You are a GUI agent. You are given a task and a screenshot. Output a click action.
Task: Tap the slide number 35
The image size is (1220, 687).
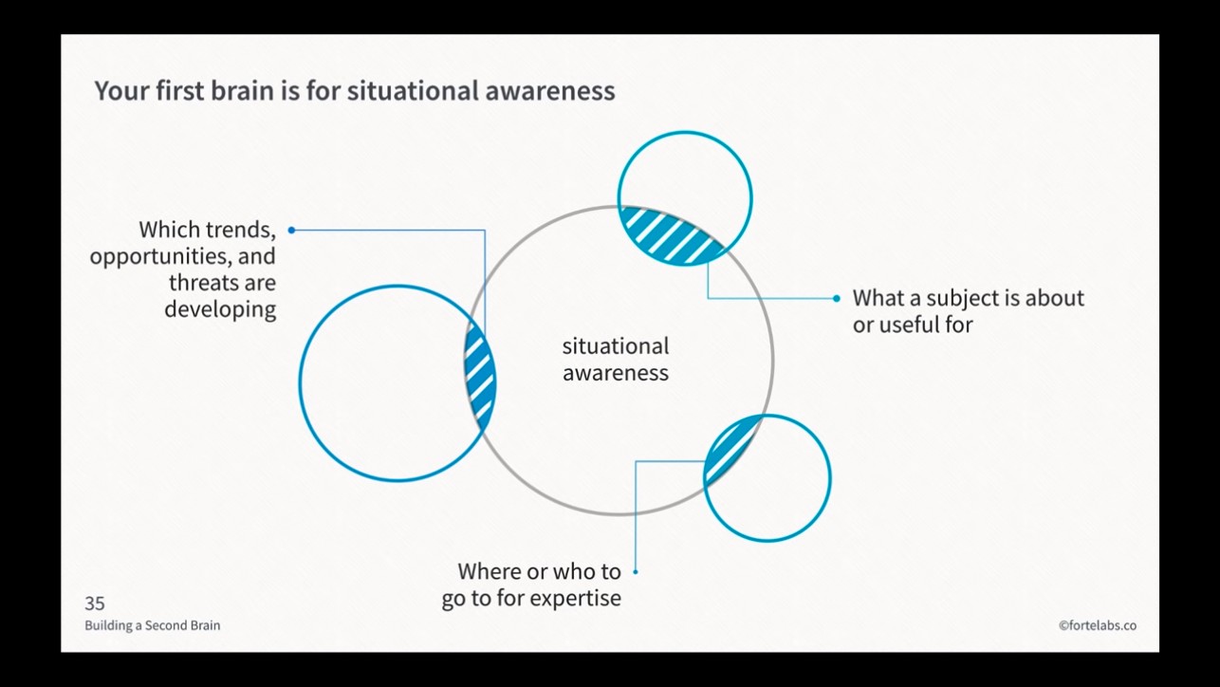pyautogui.click(x=95, y=603)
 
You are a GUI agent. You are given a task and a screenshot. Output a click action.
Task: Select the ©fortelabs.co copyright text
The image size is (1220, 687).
pyautogui.click(x=1098, y=625)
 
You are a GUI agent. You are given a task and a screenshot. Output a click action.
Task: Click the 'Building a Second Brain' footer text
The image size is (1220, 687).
pyautogui.click(x=152, y=625)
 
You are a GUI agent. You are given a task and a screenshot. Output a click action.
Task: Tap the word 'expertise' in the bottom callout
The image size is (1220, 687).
pyautogui.click(x=576, y=599)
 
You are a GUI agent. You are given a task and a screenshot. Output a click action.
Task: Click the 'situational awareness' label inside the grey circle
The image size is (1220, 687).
pyautogui.click(x=616, y=360)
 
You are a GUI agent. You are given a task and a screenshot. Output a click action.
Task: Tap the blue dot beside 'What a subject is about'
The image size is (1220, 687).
pyautogui.click(x=836, y=298)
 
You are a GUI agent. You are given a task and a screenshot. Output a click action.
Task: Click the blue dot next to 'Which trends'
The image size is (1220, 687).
pyautogui.click(x=291, y=230)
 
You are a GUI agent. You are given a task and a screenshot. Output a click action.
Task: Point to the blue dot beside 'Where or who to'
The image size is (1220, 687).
pyautogui.click(x=635, y=571)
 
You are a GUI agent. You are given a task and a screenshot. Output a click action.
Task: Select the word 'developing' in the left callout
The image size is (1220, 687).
pyautogui.click(x=220, y=309)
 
